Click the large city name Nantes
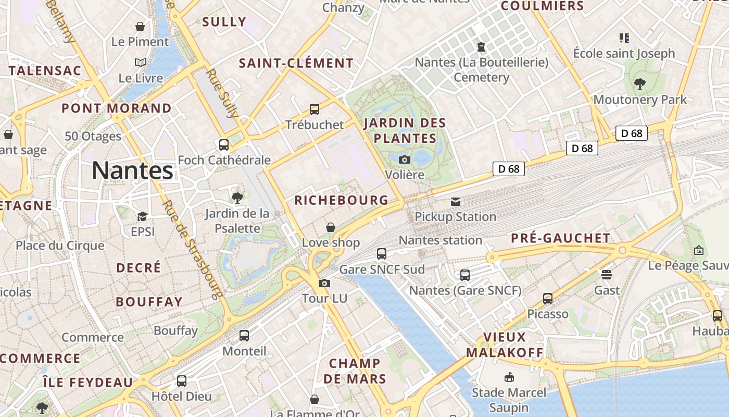(133, 171)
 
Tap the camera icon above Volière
(404, 160)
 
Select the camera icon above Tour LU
(324, 284)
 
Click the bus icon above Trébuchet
(315, 109)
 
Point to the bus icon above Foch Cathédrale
(224, 145)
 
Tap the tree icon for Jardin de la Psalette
(237, 198)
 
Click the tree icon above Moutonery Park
(640, 83)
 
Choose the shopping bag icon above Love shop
(330, 227)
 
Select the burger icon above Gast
(607, 274)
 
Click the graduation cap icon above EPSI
(142, 216)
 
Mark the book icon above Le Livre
(140, 63)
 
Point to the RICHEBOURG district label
(341, 200)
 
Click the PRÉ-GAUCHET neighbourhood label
(560, 238)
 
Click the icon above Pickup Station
(456, 202)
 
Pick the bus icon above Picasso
(548, 299)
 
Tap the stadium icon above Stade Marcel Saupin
(509, 377)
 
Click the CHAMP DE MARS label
(355, 371)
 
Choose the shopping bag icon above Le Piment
(140, 26)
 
